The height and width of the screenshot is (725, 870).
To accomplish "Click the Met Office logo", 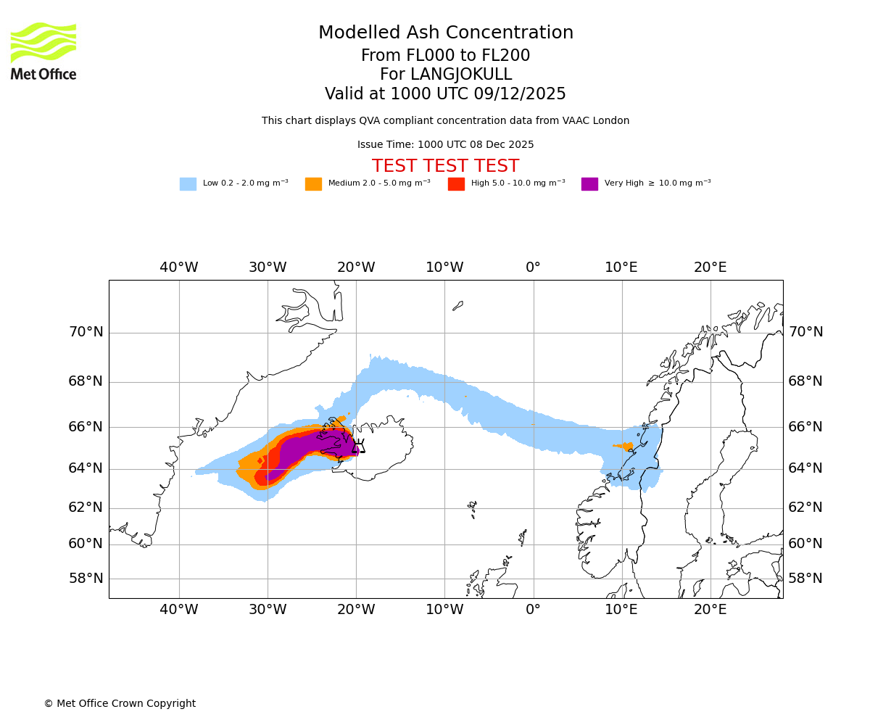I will (43, 51).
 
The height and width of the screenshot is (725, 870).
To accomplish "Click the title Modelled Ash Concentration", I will (445, 33).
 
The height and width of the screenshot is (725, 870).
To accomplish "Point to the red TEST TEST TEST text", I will (445, 166).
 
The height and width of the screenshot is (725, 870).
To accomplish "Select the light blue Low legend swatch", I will (188, 184).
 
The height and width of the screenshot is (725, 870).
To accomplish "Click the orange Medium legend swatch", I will (313, 184).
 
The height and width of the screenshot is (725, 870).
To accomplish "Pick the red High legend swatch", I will (456, 184).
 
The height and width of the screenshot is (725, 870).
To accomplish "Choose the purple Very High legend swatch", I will (589, 184).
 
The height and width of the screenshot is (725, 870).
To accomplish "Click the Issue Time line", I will (445, 145).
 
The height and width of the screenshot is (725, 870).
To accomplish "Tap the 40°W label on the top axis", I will (179, 268).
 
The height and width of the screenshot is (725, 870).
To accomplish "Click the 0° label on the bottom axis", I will (533, 610).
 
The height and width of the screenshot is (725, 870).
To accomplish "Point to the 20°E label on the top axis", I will (710, 268).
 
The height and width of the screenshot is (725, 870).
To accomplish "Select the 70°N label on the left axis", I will (86, 332).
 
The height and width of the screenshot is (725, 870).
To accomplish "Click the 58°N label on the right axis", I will (805, 579).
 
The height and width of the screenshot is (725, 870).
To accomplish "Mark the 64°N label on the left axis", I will (86, 468).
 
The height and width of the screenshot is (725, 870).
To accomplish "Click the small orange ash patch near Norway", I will (627, 446).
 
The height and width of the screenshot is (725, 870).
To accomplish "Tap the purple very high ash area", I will (312, 446).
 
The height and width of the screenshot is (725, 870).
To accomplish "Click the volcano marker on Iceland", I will (358, 447).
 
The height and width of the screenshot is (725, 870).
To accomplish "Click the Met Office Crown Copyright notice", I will (120, 704).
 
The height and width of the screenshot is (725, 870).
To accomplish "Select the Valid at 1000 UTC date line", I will (445, 94).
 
